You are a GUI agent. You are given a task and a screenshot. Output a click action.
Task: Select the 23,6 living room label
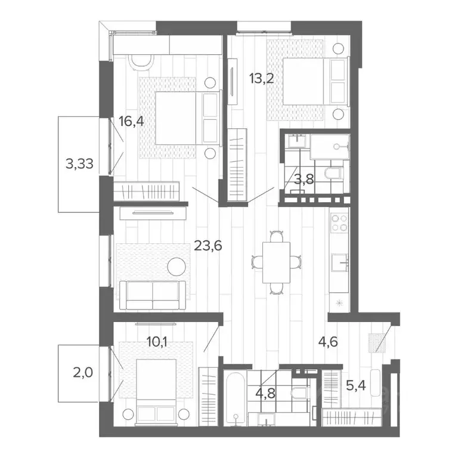(208, 245)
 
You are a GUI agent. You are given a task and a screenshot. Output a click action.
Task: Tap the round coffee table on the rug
(176, 266)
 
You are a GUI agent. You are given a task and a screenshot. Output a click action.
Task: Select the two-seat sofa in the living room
(153, 295)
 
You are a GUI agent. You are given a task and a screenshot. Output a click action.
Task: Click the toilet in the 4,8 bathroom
(299, 393)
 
